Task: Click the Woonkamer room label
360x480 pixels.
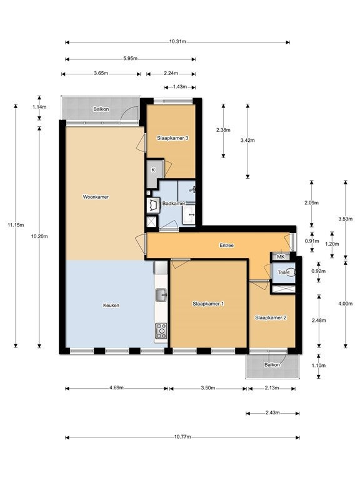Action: click(96, 197)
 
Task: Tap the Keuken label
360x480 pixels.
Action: click(111, 305)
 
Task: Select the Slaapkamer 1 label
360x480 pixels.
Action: click(208, 304)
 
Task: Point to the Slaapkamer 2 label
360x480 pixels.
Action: click(271, 317)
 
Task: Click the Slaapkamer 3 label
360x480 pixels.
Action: click(172, 138)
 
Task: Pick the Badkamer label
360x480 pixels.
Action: click(174, 204)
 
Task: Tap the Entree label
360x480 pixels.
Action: click(226, 245)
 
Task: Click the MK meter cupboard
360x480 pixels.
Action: click(281, 257)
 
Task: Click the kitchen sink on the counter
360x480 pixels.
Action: click(161, 295)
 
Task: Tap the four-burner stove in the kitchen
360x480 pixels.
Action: click(161, 331)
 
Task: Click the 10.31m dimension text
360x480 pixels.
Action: click(177, 42)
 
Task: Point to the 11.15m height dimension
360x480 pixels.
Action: click(16, 225)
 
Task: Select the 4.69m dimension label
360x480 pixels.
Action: click(117, 388)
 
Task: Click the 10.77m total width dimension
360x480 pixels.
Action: click(182, 437)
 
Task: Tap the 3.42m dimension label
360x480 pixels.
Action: click(247, 141)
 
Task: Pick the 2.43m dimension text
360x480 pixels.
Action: click(272, 412)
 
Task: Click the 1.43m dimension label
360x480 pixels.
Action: click(180, 87)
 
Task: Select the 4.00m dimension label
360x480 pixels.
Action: click(345, 304)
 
